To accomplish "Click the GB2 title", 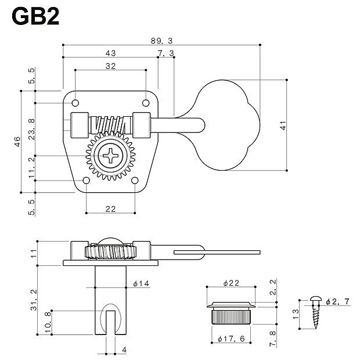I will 36,16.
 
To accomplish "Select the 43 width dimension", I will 110,53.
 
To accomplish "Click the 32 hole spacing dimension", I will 110,66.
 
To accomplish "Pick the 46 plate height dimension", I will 17,142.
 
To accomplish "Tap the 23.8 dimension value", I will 31,125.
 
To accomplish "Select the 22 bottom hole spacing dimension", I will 110,208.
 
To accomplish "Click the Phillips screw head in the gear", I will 110,156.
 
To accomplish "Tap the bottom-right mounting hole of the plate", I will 135,181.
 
